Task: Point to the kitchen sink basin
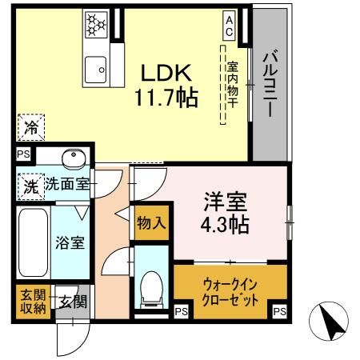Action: click(x=97, y=68)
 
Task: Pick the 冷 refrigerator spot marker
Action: click(x=30, y=126)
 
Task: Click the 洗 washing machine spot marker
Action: click(x=29, y=186)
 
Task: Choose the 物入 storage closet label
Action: click(x=150, y=222)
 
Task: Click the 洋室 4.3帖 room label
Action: click(x=224, y=209)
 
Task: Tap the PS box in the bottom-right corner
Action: click(x=278, y=311)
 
